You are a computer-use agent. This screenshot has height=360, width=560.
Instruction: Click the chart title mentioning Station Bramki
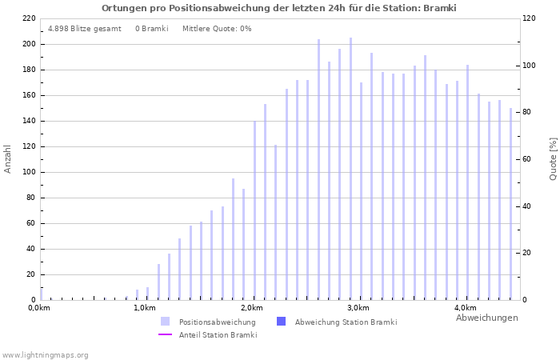279,8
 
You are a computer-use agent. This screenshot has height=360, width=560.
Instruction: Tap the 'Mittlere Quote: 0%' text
217,29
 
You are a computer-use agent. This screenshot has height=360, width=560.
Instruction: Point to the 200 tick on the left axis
28,44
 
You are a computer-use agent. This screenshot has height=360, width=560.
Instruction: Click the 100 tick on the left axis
28,172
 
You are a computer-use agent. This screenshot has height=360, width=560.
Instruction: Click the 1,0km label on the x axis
144,308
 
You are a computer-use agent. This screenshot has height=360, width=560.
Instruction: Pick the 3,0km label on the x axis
358,308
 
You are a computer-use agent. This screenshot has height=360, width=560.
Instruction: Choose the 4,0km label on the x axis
465,308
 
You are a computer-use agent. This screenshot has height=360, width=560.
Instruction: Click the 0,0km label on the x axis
39,308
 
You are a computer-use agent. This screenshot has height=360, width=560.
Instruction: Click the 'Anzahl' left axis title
8,158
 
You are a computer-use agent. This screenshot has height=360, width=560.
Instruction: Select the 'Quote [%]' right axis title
553,158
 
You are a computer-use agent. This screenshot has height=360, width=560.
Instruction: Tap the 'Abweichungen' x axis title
486,318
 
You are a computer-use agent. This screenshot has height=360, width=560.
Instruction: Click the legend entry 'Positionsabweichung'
217,322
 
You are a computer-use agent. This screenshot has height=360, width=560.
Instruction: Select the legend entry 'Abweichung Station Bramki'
346,322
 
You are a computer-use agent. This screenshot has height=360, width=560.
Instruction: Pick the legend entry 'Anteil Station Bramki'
218,335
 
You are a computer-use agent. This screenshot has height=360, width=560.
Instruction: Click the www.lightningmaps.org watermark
46,355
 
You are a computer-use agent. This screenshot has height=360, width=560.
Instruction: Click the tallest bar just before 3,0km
350,168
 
